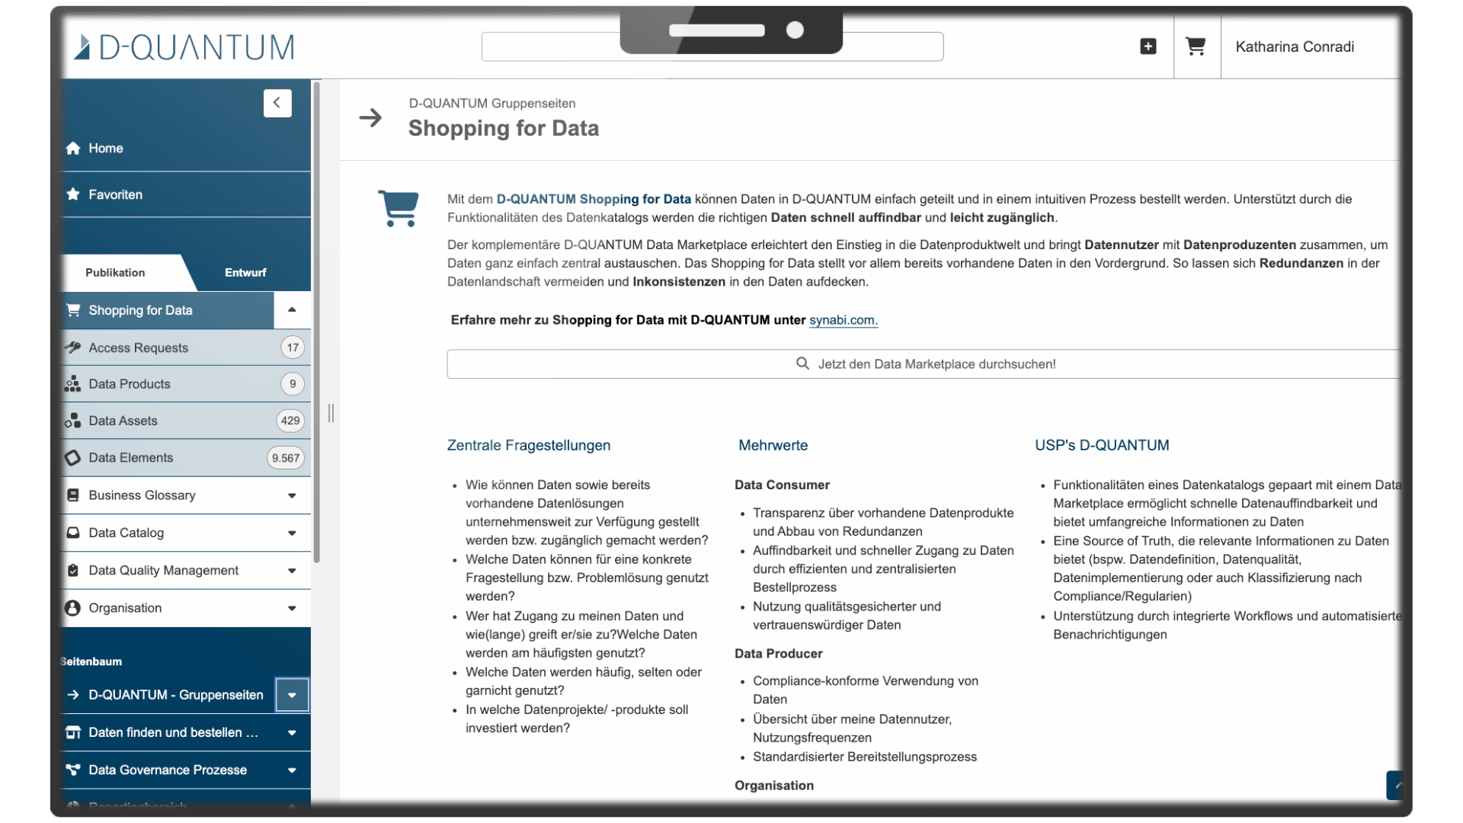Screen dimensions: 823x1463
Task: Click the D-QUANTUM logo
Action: point(184,47)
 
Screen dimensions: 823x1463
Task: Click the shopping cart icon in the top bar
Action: point(1196,46)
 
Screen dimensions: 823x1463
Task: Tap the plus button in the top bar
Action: point(1148,46)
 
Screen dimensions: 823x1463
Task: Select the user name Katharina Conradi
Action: point(1295,47)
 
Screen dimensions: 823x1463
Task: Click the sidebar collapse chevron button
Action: point(277,103)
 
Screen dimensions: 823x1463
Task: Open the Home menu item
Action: point(105,149)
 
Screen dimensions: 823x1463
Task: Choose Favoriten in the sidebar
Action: point(115,195)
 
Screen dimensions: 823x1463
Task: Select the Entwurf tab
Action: point(245,273)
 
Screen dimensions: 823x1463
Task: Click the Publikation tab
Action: point(115,273)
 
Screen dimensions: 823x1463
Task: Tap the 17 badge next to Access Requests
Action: point(293,347)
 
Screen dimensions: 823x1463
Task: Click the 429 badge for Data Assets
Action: point(290,421)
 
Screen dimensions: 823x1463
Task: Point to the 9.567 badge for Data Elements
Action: point(286,458)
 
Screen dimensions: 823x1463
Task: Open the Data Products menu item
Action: point(130,384)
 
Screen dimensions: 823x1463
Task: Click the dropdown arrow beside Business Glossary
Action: point(292,496)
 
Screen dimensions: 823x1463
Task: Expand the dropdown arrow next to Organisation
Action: point(292,609)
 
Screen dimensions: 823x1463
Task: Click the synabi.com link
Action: point(843,320)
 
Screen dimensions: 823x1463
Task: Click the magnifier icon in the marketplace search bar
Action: point(802,363)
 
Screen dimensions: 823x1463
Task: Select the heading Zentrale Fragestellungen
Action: point(529,446)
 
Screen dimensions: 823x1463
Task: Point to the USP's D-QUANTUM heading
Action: point(1102,446)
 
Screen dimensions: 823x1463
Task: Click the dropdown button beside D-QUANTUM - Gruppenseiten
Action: point(292,695)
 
